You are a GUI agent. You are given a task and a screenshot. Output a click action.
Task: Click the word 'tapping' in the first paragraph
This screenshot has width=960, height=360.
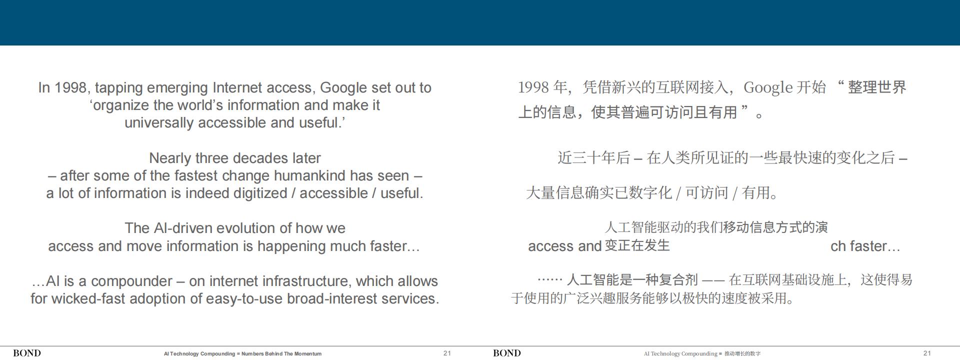click(118, 88)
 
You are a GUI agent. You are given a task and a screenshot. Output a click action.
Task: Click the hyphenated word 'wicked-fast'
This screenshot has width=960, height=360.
click(88, 298)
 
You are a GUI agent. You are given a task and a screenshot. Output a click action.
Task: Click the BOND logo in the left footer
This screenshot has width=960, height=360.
click(27, 353)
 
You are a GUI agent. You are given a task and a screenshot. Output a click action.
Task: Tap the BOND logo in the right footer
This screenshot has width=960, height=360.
click(507, 353)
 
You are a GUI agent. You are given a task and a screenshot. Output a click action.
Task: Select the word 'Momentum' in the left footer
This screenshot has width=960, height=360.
click(307, 353)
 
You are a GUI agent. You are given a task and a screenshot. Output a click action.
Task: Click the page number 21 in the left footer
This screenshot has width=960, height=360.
click(447, 353)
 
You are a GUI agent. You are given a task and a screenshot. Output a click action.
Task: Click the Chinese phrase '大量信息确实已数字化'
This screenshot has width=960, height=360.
click(599, 192)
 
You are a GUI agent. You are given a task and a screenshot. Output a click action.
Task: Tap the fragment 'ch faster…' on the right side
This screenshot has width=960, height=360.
click(865, 246)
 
